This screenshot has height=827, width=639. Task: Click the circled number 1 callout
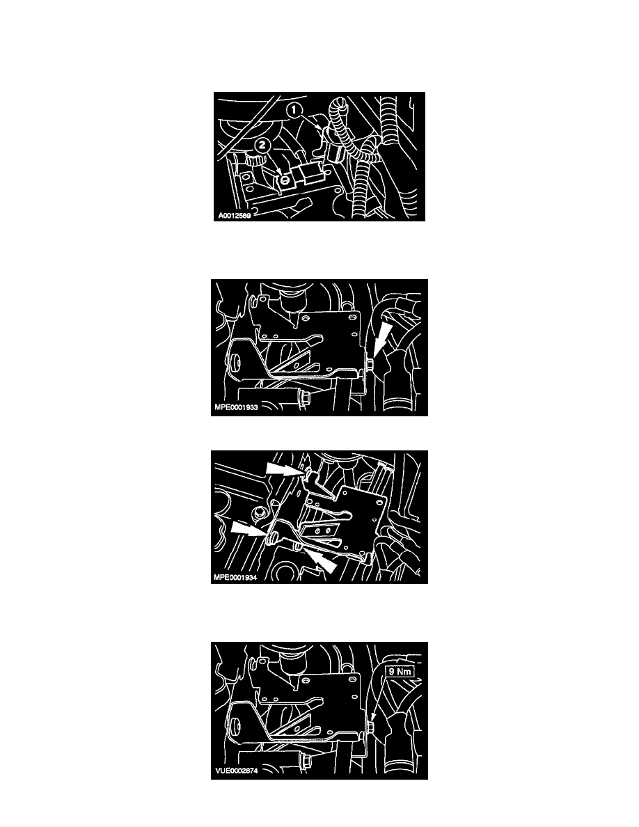(294, 111)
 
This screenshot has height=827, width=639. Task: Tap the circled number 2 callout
(262, 145)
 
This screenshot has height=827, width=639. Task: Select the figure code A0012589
(235, 216)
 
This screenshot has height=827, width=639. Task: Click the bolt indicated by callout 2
(285, 180)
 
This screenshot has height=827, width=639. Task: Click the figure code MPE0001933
(236, 407)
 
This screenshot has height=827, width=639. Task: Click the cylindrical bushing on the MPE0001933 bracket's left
(235, 363)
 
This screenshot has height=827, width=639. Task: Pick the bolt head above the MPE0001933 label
(303, 397)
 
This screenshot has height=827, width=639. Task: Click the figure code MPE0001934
(236, 578)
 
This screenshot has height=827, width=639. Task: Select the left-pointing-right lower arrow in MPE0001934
(250, 528)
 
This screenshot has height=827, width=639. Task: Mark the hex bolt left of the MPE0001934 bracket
(259, 512)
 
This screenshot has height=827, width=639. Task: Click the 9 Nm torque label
(400, 671)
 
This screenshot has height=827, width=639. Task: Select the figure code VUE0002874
(236, 771)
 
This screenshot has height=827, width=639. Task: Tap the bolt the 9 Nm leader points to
(371, 727)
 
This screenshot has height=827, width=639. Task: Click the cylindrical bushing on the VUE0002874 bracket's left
(235, 726)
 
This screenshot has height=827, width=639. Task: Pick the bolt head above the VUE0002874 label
(304, 760)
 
